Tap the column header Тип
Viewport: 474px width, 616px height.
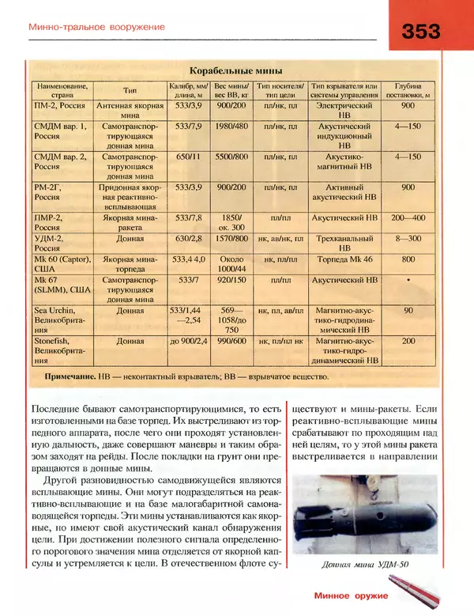click(130, 90)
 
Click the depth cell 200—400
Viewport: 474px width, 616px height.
click(408, 217)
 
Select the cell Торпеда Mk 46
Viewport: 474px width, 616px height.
click(344, 259)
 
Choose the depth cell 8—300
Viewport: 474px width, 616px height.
click(408, 238)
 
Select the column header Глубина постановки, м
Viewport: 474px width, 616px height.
click(408, 90)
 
